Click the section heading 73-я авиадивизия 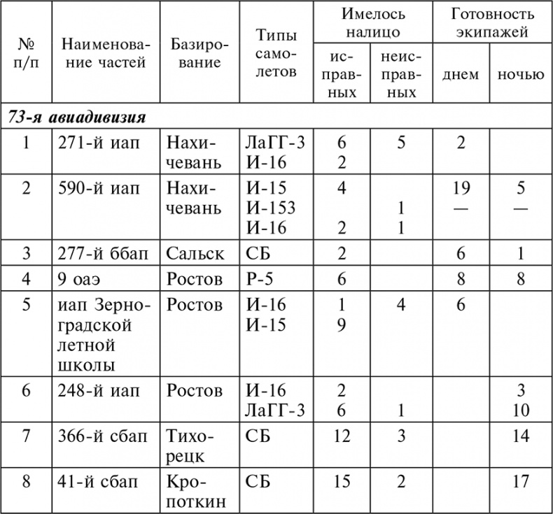click(77, 117)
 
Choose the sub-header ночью click(520, 75)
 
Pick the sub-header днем click(461, 75)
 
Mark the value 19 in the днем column click(461, 188)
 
